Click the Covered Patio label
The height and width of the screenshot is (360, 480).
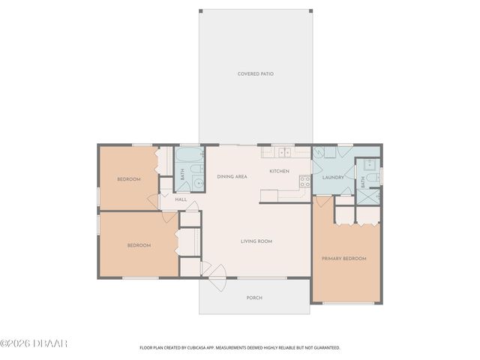tap(254, 73)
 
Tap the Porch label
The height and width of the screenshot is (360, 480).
tap(254, 298)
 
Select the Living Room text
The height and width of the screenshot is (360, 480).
tap(256, 241)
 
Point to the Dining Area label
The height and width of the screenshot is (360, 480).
tap(232, 176)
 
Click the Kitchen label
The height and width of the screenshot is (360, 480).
tap(279, 171)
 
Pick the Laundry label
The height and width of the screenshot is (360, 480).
tap(332, 177)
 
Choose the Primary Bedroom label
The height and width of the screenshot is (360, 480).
tap(343, 259)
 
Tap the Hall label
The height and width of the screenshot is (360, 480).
tap(181, 199)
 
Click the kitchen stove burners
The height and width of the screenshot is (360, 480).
tap(304, 181)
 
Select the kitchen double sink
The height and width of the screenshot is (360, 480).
tap(283, 152)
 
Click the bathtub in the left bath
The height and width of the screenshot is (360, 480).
tap(189, 157)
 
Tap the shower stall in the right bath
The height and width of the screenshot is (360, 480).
tap(367, 196)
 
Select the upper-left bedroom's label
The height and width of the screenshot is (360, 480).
tap(128, 179)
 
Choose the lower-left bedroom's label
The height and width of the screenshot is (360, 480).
tap(139, 245)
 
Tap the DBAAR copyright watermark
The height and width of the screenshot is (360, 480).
tap(34, 344)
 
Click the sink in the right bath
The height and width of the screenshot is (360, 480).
tap(368, 164)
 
